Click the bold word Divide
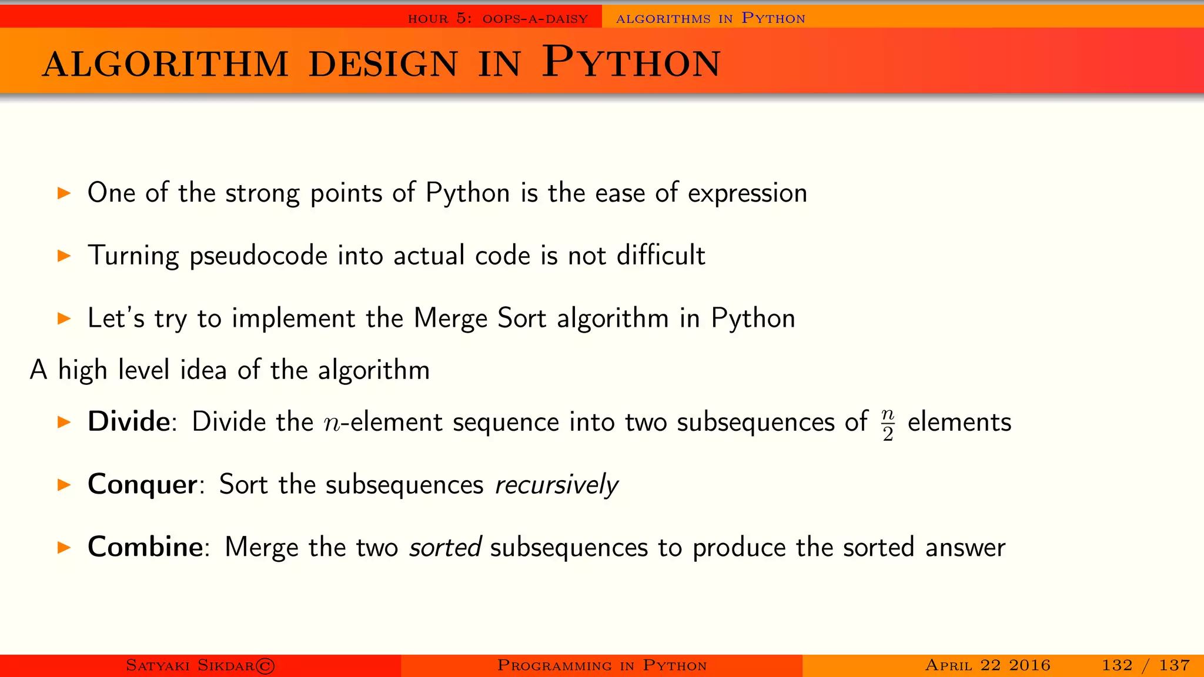point(129,422)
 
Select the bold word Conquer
point(142,485)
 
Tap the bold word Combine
point(145,547)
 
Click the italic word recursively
point(556,485)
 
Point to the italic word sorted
point(446,547)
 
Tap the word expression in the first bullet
point(747,193)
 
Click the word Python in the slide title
point(631,62)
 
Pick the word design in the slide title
point(383,64)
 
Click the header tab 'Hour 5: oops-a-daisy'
point(497,19)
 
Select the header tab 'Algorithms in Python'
point(710,19)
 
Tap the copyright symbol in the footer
point(266,666)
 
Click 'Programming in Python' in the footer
point(601,665)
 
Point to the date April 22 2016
point(987,665)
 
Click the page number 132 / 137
point(1145,665)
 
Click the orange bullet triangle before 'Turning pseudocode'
point(64,256)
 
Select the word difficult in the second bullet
point(660,256)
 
